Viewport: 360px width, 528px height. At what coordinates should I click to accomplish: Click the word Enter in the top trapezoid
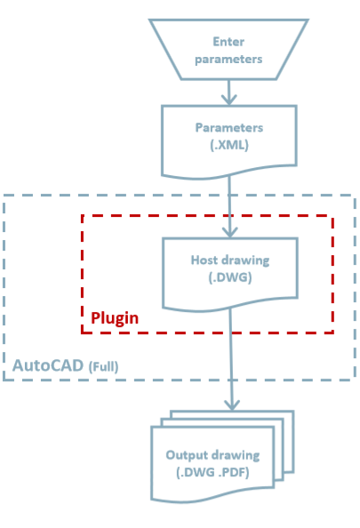click(228, 42)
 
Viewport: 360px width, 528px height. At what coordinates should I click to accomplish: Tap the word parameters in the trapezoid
click(228, 60)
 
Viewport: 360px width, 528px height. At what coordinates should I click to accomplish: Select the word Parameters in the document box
click(229, 128)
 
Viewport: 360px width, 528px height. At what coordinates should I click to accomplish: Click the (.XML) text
click(229, 145)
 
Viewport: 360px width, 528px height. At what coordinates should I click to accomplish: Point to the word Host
click(204, 260)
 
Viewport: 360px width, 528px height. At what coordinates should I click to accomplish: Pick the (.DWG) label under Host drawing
click(230, 277)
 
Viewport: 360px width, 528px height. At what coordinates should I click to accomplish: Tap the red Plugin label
click(115, 318)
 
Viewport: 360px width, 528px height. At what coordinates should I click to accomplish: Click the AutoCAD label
click(48, 365)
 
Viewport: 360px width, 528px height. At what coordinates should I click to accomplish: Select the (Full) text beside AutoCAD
click(103, 367)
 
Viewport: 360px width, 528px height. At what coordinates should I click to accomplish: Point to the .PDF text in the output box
click(234, 472)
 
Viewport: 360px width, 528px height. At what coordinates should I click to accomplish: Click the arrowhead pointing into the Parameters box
click(229, 100)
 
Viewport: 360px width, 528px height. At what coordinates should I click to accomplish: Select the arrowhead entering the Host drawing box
click(229, 232)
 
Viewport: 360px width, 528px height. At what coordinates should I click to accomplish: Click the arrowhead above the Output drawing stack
click(232, 404)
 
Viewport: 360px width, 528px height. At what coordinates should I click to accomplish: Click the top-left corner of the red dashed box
click(82, 216)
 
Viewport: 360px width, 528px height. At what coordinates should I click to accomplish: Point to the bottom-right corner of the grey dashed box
click(355, 380)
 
